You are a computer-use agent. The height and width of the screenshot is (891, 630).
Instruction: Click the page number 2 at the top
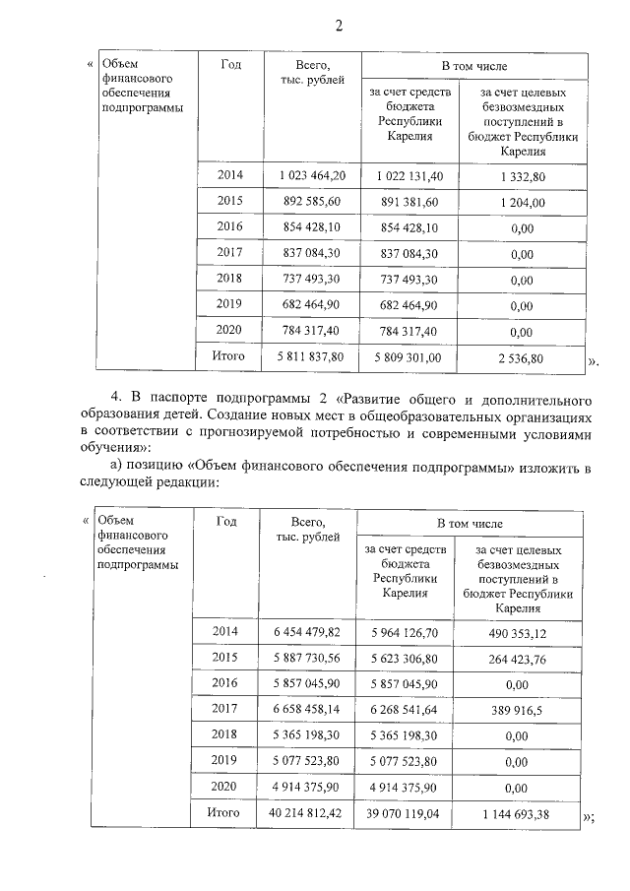[x=338, y=26]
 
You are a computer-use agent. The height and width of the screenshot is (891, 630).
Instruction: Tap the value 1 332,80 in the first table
[x=523, y=175]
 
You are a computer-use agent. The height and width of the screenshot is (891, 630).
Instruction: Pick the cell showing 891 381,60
[x=410, y=202]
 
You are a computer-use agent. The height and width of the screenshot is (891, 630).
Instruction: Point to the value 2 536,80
[x=523, y=358]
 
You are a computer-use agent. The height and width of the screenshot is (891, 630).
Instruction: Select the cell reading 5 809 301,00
[x=410, y=357]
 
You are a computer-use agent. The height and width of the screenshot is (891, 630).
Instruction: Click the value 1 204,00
[x=523, y=203]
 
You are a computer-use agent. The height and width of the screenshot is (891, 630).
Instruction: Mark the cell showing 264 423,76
[x=523, y=657]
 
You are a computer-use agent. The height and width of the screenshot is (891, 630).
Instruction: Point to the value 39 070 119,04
[x=406, y=813]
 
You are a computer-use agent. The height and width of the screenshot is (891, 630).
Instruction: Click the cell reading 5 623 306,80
[x=406, y=657]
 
